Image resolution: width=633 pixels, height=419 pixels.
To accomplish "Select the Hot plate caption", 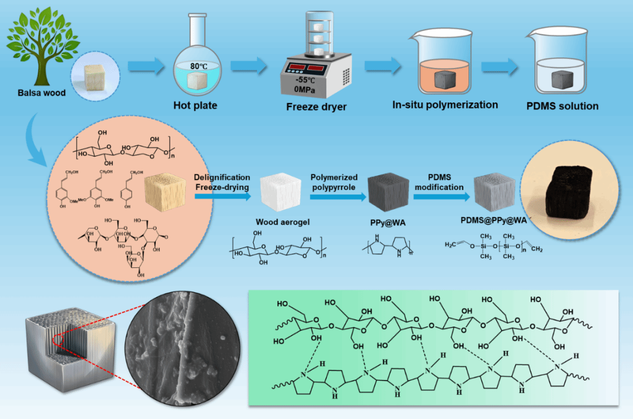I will click(195, 105).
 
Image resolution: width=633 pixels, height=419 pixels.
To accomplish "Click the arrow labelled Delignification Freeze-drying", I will click(221, 197).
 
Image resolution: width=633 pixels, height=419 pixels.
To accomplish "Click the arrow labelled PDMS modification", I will click(438, 197).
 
